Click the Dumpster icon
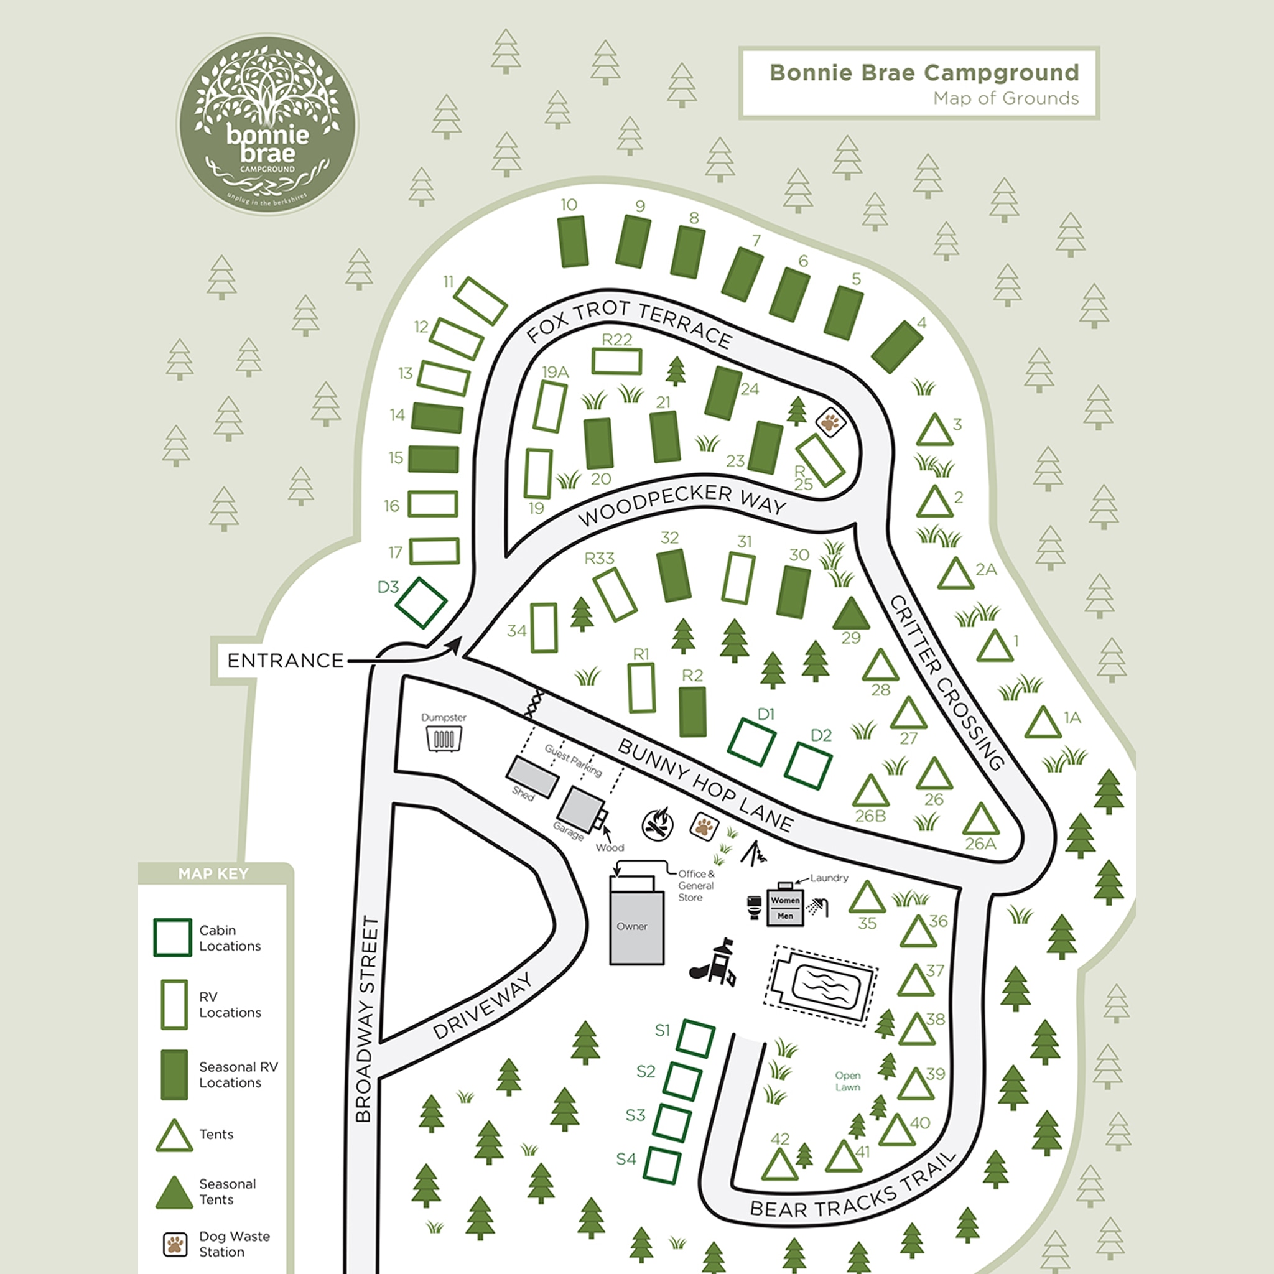(444, 738)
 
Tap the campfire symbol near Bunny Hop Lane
(658, 824)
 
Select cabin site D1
(751, 742)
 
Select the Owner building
(636, 927)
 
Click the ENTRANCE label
(285, 660)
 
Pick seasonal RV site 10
(572, 242)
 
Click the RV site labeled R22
(616, 361)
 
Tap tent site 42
(779, 1165)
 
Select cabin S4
(662, 1165)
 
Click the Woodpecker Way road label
(682, 504)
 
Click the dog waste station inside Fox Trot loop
(830, 421)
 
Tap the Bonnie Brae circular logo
(267, 124)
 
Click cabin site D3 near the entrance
(421, 603)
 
